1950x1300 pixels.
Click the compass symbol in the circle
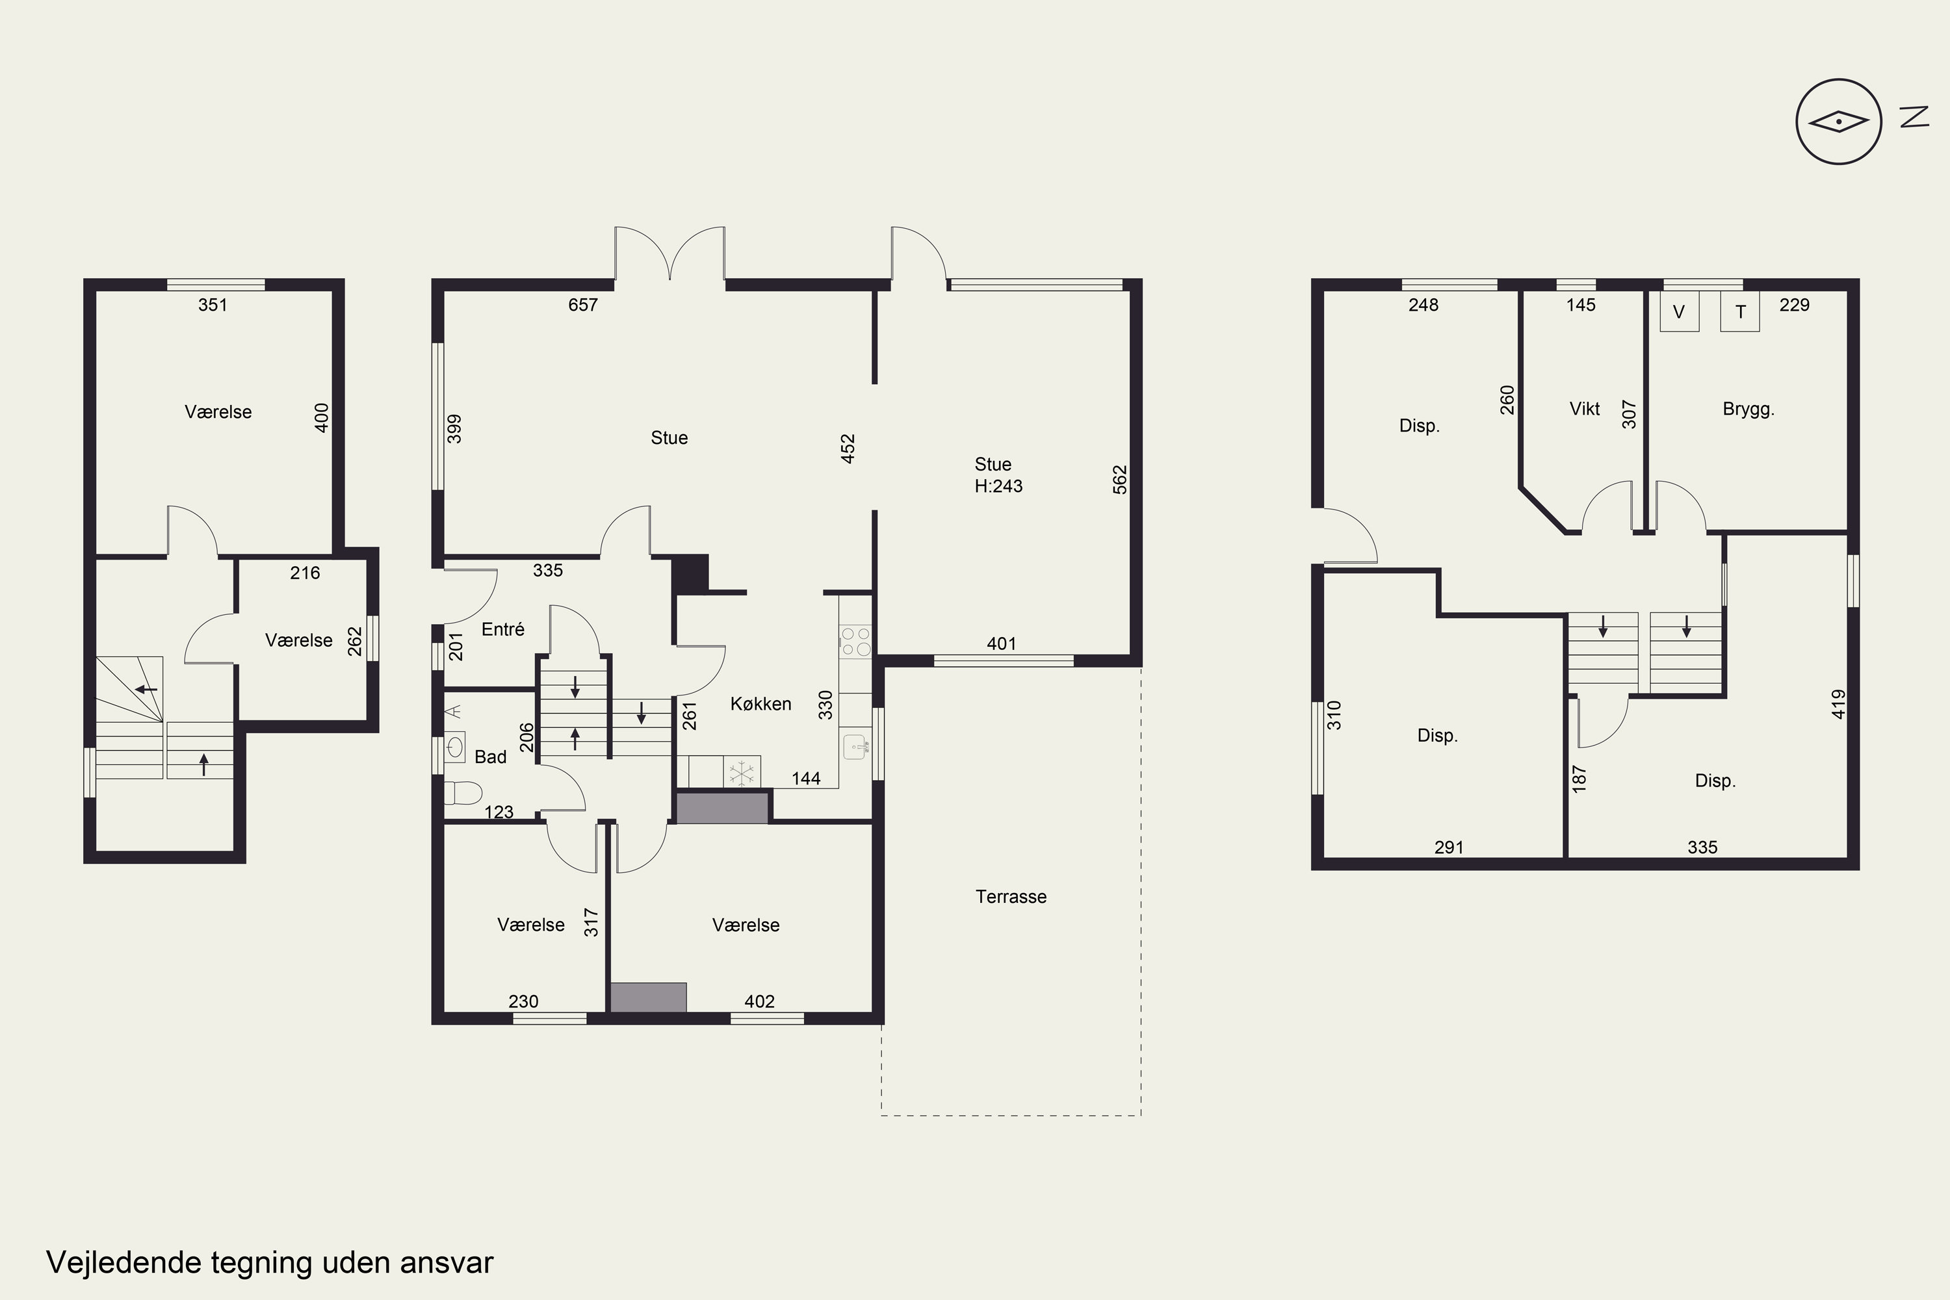(x=1838, y=122)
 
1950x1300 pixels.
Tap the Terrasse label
(x=1011, y=896)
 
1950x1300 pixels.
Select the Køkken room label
(x=760, y=704)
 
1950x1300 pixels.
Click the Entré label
(x=502, y=629)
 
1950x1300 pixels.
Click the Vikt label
(x=1585, y=409)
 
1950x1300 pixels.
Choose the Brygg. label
(x=1748, y=409)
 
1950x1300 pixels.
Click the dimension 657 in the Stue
(x=583, y=305)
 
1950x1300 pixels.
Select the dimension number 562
(x=1120, y=479)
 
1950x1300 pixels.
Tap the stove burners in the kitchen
(x=855, y=642)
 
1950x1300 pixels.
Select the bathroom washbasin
(x=454, y=747)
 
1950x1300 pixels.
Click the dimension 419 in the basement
(x=1838, y=704)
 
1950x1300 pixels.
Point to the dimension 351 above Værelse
(x=213, y=305)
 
